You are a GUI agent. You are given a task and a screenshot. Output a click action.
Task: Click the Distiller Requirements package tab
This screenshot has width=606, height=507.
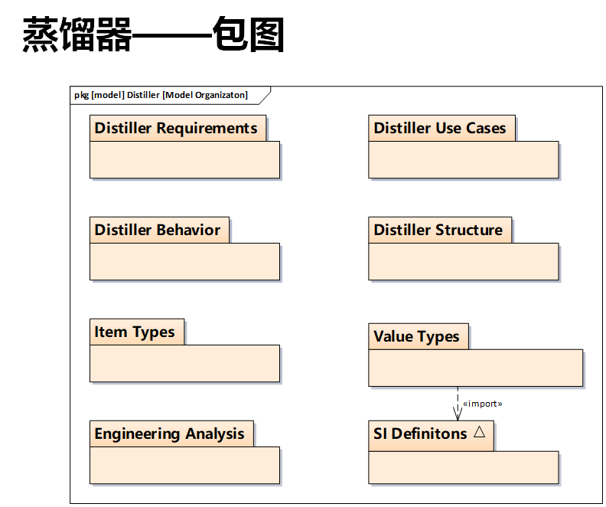coord(176,128)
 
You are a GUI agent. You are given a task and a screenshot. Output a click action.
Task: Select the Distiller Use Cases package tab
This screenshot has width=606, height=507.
coord(440,128)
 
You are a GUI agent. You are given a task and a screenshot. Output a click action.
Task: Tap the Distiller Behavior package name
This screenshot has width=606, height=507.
coord(158,230)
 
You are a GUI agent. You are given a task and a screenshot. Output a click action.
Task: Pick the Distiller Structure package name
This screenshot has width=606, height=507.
coord(438,230)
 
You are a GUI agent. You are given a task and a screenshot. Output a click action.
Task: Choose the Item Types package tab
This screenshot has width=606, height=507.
coord(135,332)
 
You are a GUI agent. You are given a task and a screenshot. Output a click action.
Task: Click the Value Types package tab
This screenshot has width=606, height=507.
coord(417,336)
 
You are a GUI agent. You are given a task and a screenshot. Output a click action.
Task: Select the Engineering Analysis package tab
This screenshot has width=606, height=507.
coord(170,433)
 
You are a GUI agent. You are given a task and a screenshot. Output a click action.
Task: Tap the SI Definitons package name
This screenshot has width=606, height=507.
coord(420,433)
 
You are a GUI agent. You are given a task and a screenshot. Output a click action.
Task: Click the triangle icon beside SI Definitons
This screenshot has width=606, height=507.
coord(480,431)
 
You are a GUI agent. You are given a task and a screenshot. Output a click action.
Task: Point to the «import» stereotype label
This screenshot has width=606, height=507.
coord(483,403)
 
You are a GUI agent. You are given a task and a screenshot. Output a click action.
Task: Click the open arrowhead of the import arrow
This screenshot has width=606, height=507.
coord(458,414)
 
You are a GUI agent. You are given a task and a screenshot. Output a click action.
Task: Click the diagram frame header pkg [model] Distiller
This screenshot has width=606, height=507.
coord(161,95)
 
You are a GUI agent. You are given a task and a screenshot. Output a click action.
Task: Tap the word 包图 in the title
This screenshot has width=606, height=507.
coord(249,35)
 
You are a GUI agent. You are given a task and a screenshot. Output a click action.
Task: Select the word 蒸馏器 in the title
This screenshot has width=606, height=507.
coord(77,35)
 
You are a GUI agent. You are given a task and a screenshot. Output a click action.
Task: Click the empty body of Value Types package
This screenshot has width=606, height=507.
coord(475,368)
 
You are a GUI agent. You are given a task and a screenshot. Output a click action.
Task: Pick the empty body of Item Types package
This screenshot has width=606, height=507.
coord(184,363)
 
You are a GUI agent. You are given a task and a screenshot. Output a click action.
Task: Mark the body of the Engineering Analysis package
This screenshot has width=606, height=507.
coord(184,465)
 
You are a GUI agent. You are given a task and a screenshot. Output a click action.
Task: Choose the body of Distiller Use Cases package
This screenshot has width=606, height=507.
coord(463,159)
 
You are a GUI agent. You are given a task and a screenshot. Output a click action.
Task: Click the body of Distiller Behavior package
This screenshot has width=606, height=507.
coord(184,261)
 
